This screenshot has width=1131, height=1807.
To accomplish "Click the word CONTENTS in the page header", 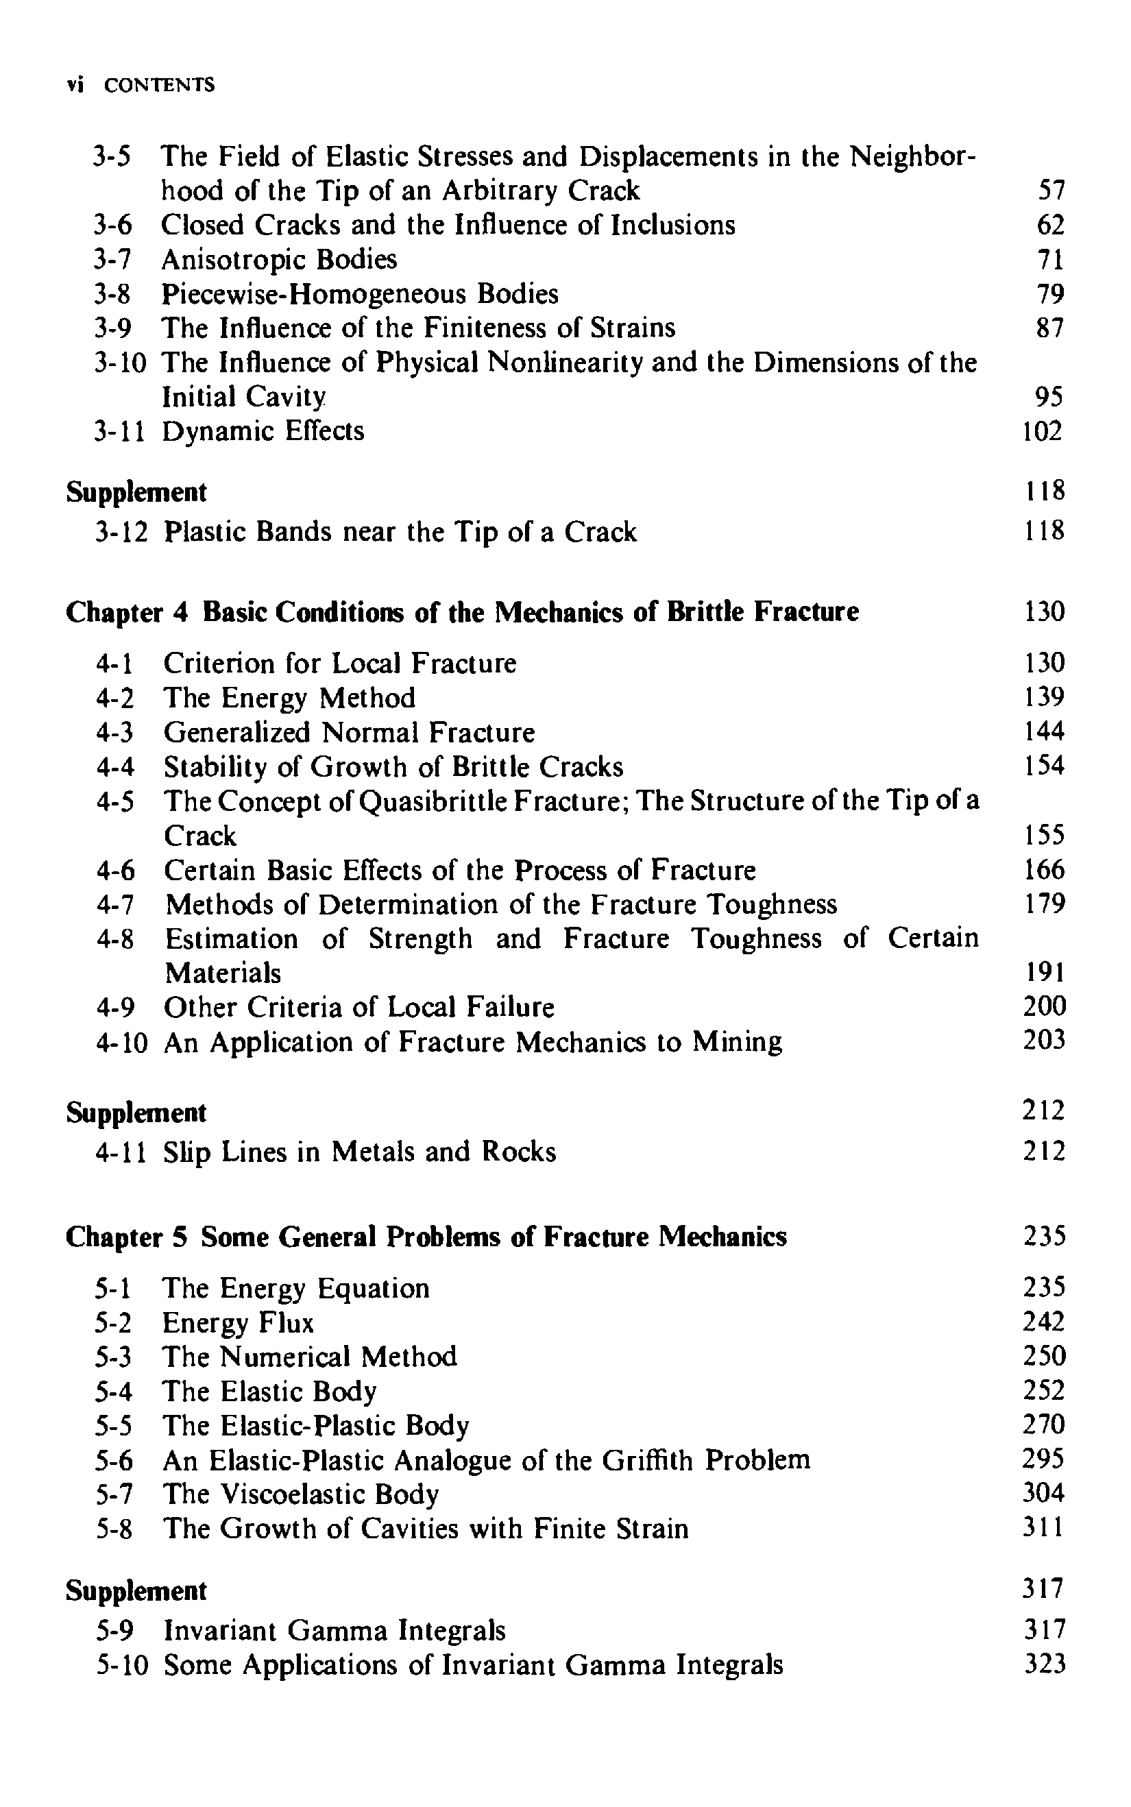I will pyautogui.click(x=158, y=84).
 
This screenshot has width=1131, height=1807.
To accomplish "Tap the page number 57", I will pyautogui.click(x=1050, y=191).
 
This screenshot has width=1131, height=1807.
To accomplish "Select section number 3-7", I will pyautogui.click(x=112, y=260).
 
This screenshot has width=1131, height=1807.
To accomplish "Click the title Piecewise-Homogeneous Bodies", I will pyautogui.click(x=360, y=294).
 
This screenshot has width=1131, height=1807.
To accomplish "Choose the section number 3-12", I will pyautogui.click(x=121, y=532).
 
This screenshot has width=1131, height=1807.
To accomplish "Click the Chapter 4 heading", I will pyautogui.click(x=461, y=611).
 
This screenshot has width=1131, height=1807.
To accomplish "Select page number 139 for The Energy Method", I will pyautogui.click(x=1043, y=697).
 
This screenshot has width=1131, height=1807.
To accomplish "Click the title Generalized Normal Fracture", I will pyautogui.click(x=350, y=732).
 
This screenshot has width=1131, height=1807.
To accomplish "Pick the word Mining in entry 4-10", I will pyautogui.click(x=737, y=1042).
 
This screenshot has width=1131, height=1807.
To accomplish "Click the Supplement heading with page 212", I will pyautogui.click(x=136, y=1113).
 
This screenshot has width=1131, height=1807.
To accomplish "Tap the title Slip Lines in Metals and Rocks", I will pyautogui.click(x=360, y=1152).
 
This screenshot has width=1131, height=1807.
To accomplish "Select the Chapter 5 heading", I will pyautogui.click(x=426, y=1237).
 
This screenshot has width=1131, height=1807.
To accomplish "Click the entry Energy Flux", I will pyautogui.click(x=238, y=1323).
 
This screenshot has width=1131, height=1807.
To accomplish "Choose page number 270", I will pyautogui.click(x=1043, y=1424).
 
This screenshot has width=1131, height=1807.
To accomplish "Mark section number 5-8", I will pyautogui.click(x=114, y=1529).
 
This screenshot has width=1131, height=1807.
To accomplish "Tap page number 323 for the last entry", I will pyautogui.click(x=1044, y=1664).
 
